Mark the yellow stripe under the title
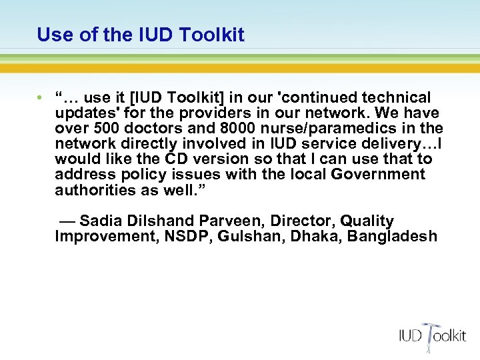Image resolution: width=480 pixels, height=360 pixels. coord(240,68)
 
